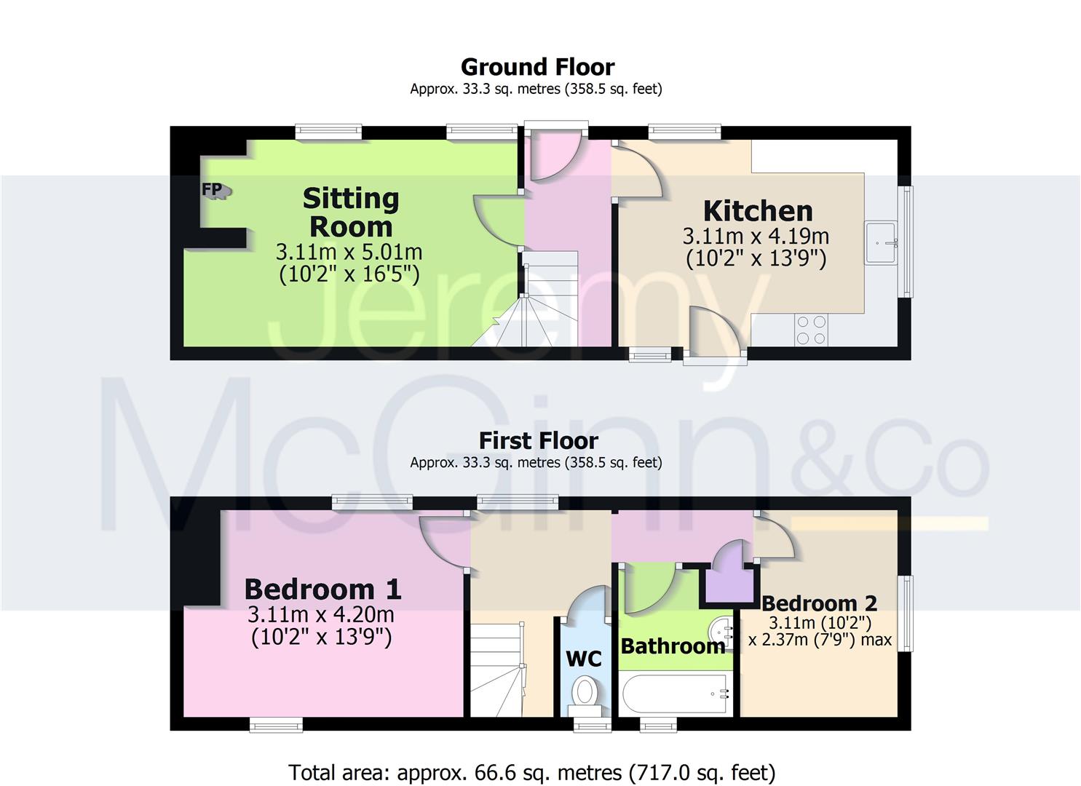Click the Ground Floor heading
click(x=537, y=67)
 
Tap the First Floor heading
click(x=538, y=440)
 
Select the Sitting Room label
click(x=350, y=212)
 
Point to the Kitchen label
click(x=757, y=211)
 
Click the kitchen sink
click(x=881, y=242)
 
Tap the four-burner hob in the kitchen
click(x=811, y=329)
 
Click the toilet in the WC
click(x=585, y=691)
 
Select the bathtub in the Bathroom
click(x=674, y=695)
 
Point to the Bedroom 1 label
click(x=322, y=589)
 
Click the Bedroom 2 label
click(x=819, y=603)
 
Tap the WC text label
click(x=584, y=659)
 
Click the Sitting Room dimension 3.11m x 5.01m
click(x=349, y=253)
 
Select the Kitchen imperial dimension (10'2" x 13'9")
click(x=756, y=258)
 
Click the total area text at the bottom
click(x=531, y=772)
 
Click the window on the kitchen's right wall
click(x=906, y=242)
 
